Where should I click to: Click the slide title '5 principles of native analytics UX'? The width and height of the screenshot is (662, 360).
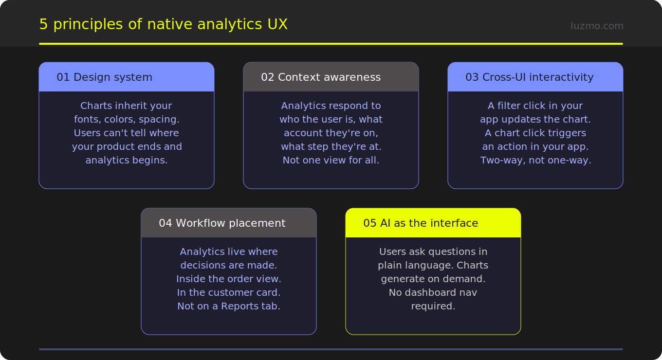click(163, 24)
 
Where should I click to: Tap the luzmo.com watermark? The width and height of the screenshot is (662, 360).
click(597, 26)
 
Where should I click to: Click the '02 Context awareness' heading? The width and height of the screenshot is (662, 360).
click(321, 77)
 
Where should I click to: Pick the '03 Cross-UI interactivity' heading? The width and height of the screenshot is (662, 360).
click(529, 77)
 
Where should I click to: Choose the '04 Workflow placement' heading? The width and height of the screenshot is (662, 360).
click(222, 223)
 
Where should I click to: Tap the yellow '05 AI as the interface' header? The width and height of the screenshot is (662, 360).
click(421, 223)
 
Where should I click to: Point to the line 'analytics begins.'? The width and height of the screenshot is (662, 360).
click(127, 160)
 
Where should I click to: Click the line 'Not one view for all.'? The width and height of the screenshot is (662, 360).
click(331, 160)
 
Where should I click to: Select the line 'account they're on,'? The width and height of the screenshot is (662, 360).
click(331, 133)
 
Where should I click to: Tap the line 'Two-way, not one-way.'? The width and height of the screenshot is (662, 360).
click(535, 160)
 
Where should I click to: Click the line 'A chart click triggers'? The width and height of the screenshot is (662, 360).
click(535, 133)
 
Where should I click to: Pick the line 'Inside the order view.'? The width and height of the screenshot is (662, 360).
click(229, 279)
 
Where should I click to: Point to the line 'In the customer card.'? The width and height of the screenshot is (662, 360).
click(229, 292)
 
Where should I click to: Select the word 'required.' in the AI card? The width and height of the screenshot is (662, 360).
click(433, 306)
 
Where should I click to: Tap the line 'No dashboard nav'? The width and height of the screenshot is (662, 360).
click(433, 292)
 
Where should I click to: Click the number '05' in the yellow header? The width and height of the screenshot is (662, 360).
click(370, 223)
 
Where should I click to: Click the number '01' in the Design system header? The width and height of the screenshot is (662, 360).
click(63, 77)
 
